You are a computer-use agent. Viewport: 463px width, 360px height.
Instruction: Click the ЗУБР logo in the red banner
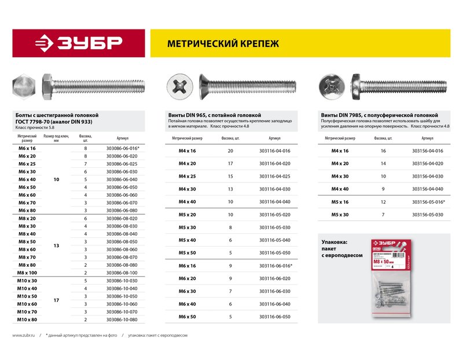click(x=78, y=43)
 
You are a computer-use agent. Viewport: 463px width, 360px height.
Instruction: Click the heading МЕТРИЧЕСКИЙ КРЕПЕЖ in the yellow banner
click(x=223, y=43)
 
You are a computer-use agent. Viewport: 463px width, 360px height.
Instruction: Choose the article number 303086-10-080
click(x=122, y=319)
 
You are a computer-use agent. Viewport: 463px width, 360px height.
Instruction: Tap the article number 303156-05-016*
click(x=428, y=202)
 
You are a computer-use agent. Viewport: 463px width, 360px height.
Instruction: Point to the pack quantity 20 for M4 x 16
click(x=230, y=150)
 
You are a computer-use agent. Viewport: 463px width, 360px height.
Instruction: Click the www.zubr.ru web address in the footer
click(x=24, y=335)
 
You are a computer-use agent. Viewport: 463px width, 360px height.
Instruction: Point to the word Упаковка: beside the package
click(x=334, y=241)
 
